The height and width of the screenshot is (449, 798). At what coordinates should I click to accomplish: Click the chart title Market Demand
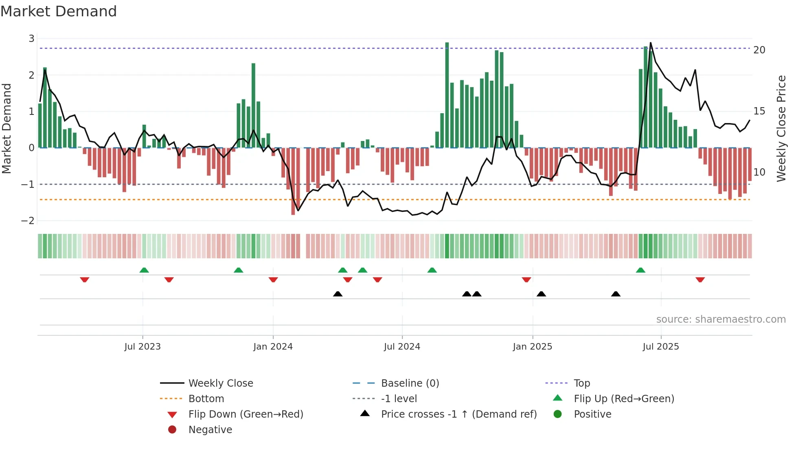pyautogui.click(x=59, y=11)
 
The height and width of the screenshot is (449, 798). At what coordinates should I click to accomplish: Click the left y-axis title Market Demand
pyautogui.click(x=7, y=129)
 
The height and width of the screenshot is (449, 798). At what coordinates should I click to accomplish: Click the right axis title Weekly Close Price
pyautogui.click(x=781, y=129)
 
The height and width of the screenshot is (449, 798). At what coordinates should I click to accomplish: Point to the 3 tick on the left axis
pyautogui.click(x=31, y=39)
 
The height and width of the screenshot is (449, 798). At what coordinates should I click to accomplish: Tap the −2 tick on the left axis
pyautogui.click(x=28, y=221)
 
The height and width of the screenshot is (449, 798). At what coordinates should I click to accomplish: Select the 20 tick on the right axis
pyautogui.click(x=759, y=50)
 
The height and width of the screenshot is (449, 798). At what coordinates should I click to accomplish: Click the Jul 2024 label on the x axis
pyautogui.click(x=402, y=347)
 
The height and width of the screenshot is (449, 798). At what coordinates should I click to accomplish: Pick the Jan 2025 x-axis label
pyautogui.click(x=532, y=347)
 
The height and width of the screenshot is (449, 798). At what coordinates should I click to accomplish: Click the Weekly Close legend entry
pyautogui.click(x=220, y=383)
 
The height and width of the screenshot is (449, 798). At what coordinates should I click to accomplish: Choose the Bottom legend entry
pyautogui.click(x=206, y=399)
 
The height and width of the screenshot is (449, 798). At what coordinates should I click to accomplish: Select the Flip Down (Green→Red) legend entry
pyautogui.click(x=246, y=414)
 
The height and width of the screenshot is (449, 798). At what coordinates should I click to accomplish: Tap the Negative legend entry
pyautogui.click(x=210, y=430)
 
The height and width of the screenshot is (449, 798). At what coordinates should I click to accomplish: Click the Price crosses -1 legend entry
pyautogui.click(x=458, y=414)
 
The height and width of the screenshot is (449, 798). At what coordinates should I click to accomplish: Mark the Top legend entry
pyautogui.click(x=582, y=383)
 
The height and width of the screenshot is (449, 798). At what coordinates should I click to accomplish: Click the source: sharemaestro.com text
pyautogui.click(x=721, y=319)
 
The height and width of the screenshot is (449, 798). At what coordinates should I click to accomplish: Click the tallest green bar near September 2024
pyautogui.click(x=447, y=95)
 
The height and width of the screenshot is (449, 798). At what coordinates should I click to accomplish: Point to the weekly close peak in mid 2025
pyautogui.click(x=650, y=43)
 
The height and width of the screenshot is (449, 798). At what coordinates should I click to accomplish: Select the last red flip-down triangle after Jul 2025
pyautogui.click(x=700, y=280)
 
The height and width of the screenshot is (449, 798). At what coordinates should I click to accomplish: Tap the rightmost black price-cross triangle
pyautogui.click(x=616, y=294)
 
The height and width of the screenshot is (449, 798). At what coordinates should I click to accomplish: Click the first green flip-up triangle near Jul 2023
pyautogui.click(x=144, y=270)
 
